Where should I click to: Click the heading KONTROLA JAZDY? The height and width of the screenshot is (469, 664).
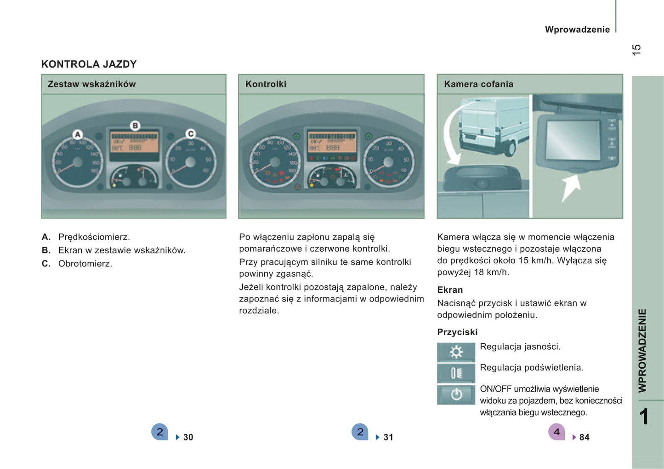pyautogui.click(x=89, y=64)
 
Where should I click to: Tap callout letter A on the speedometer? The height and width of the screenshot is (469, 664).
pyautogui.click(x=78, y=134)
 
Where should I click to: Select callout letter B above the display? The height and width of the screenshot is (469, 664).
pyautogui.click(x=135, y=125)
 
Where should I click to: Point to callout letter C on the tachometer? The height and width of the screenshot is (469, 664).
pyautogui.click(x=190, y=133)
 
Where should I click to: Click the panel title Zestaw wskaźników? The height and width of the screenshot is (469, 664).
pyautogui.click(x=91, y=84)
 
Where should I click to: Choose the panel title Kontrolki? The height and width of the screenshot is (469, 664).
pyautogui.click(x=266, y=84)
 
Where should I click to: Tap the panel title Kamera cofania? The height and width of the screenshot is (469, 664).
pyautogui.click(x=478, y=84)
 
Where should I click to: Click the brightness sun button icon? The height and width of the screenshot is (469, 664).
pyautogui.click(x=456, y=352)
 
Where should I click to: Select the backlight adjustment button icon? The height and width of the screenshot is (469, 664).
pyautogui.click(x=456, y=373)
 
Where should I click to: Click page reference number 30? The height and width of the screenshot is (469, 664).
pyautogui.click(x=188, y=437)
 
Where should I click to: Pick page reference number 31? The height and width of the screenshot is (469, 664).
pyautogui.click(x=388, y=437)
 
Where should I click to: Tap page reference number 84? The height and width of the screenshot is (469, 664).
pyautogui.click(x=584, y=437)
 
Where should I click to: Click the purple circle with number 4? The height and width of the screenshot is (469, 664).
pyautogui.click(x=556, y=432)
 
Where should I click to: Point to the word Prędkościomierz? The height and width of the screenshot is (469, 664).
pyautogui.click(x=94, y=237)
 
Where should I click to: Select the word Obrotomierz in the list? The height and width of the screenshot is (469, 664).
pyautogui.click(x=85, y=264)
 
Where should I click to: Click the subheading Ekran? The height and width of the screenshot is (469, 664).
pyautogui.click(x=450, y=290)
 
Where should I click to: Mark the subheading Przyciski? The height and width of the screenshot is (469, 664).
pyautogui.click(x=457, y=332)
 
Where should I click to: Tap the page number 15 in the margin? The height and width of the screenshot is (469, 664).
pyautogui.click(x=636, y=50)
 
